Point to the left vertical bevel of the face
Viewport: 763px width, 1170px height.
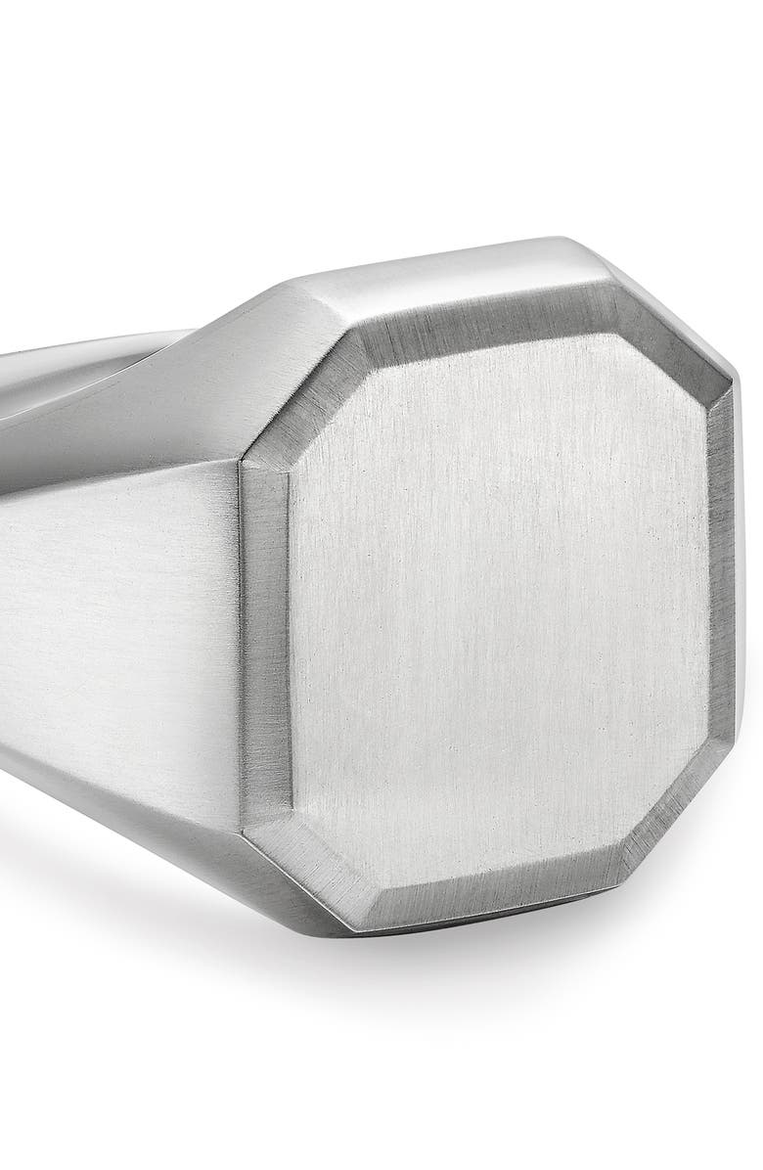(x=266, y=636)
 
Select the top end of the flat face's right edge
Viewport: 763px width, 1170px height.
(x=706, y=411)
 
